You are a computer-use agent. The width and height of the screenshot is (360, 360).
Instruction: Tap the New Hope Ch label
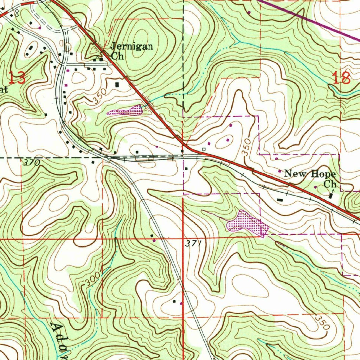pos(310,178)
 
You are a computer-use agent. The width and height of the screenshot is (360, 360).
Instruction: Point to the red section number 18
pos(341,78)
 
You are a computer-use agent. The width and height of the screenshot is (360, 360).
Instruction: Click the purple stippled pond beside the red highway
pos(127,111)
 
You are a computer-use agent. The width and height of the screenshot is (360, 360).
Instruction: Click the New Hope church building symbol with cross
pos(331,194)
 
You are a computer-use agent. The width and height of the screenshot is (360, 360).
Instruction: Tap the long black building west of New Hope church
pos(280,200)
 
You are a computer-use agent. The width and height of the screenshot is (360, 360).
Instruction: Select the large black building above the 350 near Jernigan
pos(117,84)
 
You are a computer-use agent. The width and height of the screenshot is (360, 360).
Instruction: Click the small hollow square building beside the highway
pos(204,149)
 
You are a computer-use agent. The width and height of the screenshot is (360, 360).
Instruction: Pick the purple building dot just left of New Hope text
pos(279,171)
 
